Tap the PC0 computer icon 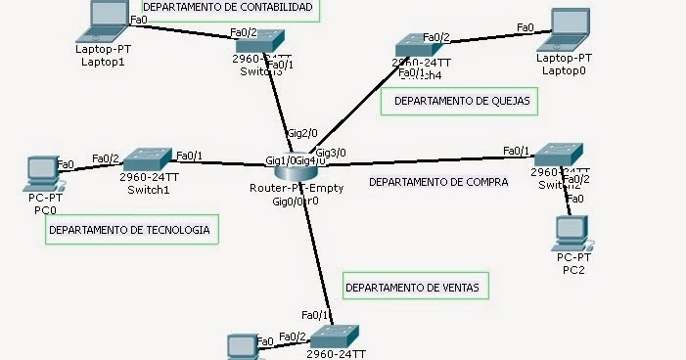[x=41, y=172]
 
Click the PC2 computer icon [x=572, y=233]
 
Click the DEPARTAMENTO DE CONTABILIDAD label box [x=228, y=9]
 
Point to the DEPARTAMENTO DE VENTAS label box [x=416, y=288]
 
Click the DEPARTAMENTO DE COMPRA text [x=437, y=182]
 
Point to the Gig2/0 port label [x=300, y=132]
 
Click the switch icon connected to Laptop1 [x=261, y=41]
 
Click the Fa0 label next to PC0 [x=67, y=164]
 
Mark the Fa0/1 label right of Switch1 [x=189, y=156]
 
